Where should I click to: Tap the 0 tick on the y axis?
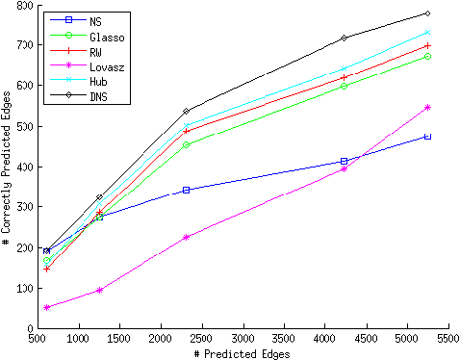(29, 328)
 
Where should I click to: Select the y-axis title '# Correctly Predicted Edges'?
(7, 167)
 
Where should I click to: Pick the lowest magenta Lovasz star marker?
(47, 307)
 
